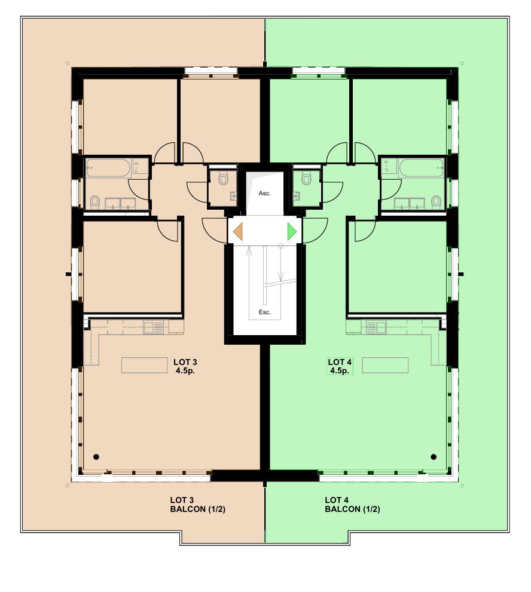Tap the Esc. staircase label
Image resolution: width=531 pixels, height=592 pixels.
[x=264, y=312]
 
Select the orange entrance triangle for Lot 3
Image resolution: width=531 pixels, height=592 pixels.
[x=238, y=232]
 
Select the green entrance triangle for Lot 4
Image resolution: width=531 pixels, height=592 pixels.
[x=292, y=232]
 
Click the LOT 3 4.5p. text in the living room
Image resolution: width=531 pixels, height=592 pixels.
[x=185, y=366]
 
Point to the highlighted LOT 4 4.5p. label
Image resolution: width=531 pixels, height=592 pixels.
[x=340, y=366]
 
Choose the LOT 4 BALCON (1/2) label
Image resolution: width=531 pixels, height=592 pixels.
[x=353, y=505]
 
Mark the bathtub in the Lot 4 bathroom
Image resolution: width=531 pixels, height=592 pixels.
[x=421, y=167]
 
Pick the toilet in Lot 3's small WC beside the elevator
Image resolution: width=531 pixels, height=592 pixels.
[x=224, y=178]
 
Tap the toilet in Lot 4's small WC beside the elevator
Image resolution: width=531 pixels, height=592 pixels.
[x=306, y=178]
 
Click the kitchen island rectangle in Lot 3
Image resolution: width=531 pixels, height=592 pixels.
[x=145, y=365]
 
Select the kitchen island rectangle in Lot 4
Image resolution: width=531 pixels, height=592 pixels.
[x=386, y=365]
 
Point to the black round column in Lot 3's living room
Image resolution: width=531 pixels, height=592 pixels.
[x=96, y=457]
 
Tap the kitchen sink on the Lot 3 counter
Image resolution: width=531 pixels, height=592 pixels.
[x=157, y=327]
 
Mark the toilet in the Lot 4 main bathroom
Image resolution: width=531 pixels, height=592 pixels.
[x=436, y=201]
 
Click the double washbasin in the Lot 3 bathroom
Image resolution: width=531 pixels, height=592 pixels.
[x=121, y=203]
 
